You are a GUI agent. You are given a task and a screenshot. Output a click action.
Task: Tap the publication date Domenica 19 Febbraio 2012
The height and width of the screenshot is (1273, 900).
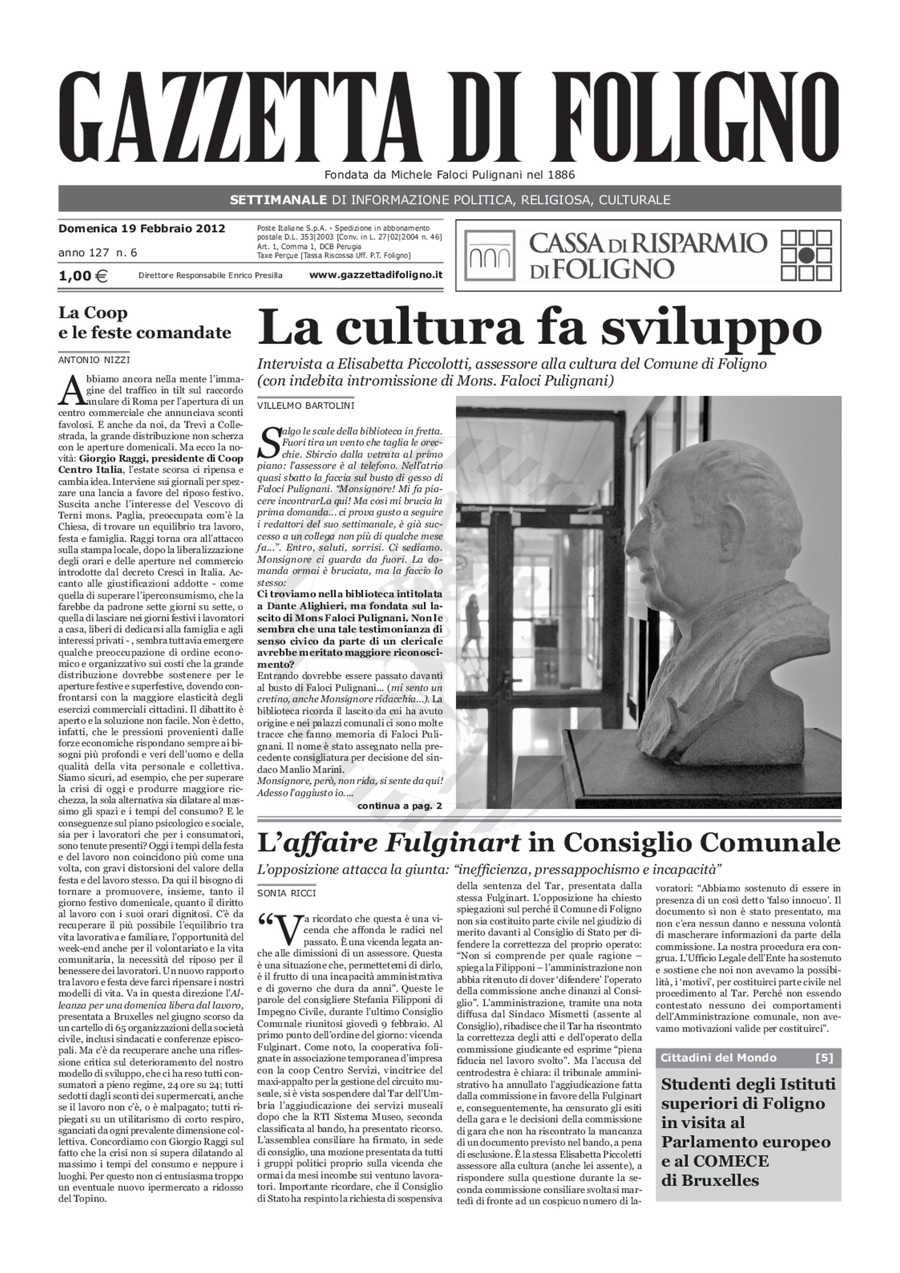141,228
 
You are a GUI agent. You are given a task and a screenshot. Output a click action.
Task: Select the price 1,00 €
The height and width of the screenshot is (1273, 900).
83,275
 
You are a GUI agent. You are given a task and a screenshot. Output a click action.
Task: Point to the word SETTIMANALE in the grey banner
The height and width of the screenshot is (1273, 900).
278,200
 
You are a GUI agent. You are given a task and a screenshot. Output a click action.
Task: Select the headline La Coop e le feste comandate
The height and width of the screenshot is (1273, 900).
145,323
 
